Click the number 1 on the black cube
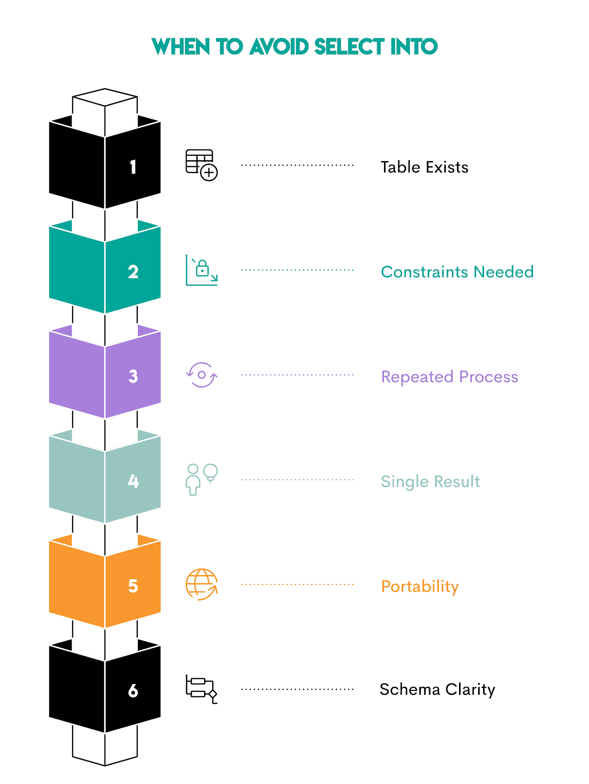(133, 167)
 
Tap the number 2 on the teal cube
(133, 272)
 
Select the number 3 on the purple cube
(133, 376)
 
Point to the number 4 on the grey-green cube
(133, 481)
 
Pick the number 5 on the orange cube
(133, 586)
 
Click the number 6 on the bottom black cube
(133, 691)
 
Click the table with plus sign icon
(202, 165)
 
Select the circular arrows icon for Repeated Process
(202, 375)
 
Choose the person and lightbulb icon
(202, 479)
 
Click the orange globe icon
(202, 584)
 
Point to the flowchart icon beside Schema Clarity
(201, 689)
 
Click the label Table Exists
(424, 167)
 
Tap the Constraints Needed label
(457, 272)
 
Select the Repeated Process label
(449, 377)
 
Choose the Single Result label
(430, 482)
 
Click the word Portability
(420, 587)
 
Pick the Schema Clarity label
(437, 689)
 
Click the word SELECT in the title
(349, 47)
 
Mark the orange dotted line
(297, 585)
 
